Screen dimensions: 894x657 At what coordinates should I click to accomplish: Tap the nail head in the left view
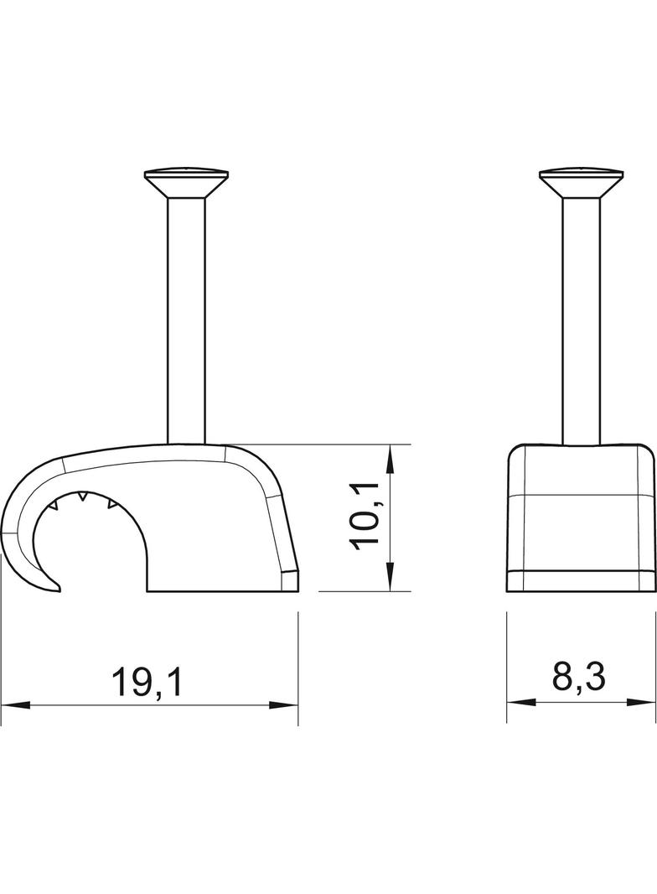pyautogui.click(x=186, y=179)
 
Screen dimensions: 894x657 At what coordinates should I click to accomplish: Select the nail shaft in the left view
pyautogui.click(x=186, y=319)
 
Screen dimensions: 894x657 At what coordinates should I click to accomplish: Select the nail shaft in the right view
pyautogui.click(x=581, y=319)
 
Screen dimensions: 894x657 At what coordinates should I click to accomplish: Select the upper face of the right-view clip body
pyautogui.click(x=581, y=470)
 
